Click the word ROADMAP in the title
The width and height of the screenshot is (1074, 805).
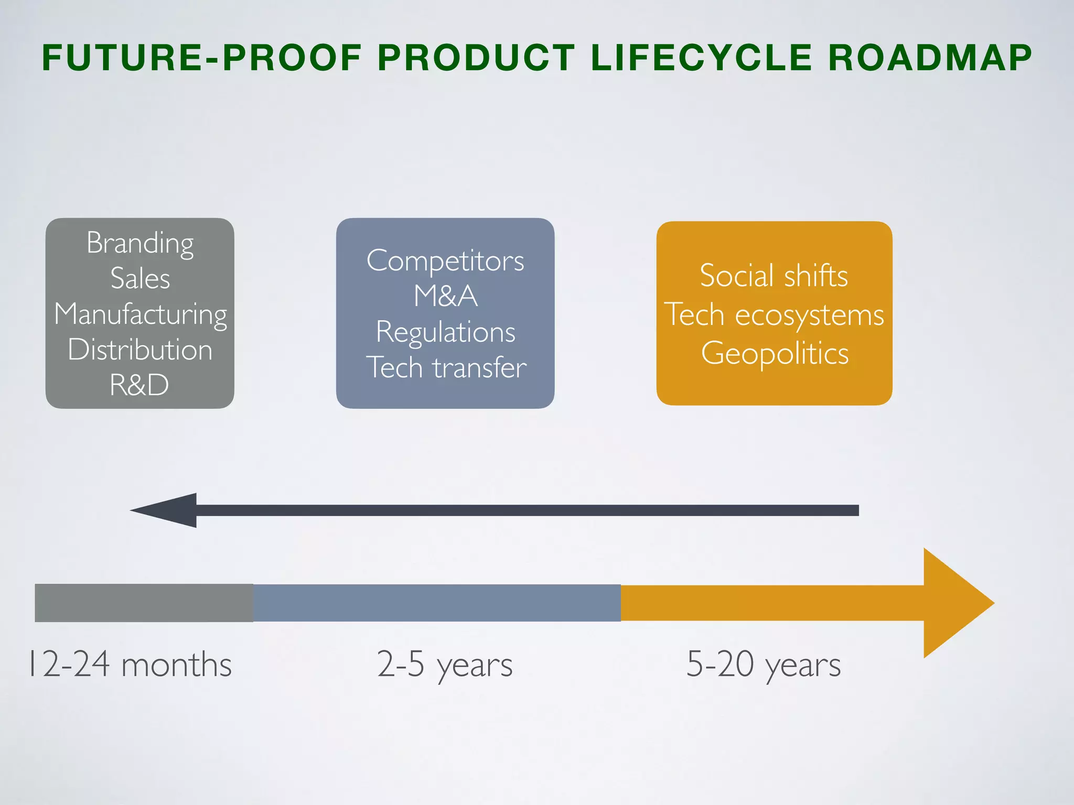pyautogui.click(x=930, y=58)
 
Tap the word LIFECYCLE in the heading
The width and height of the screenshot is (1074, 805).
pyautogui.click(x=702, y=58)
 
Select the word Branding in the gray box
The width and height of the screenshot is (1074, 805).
pyautogui.click(x=140, y=243)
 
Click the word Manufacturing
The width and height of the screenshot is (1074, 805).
pyautogui.click(x=141, y=314)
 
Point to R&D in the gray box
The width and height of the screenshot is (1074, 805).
pyautogui.click(x=139, y=385)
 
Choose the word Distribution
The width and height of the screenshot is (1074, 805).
pyautogui.click(x=140, y=350)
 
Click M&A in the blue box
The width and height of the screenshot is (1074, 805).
pyautogui.click(x=445, y=296)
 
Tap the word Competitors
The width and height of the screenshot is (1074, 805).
pyautogui.click(x=445, y=260)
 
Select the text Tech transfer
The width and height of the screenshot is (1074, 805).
pyautogui.click(x=446, y=367)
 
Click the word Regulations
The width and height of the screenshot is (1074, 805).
pyautogui.click(x=446, y=332)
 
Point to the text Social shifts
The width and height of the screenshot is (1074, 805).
pyautogui.click(x=774, y=276)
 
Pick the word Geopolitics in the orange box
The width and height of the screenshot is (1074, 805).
pyautogui.click(x=775, y=353)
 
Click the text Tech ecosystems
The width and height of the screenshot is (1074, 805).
pyautogui.click(x=774, y=314)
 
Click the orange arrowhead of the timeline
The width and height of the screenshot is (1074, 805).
pyautogui.click(x=954, y=603)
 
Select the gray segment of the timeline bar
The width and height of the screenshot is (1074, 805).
pyautogui.click(x=144, y=603)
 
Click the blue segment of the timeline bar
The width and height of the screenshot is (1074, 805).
pyautogui.click(x=436, y=603)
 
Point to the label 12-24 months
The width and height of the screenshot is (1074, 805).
pyautogui.click(x=130, y=665)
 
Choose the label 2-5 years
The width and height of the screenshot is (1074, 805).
pyautogui.click(x=445, y=665)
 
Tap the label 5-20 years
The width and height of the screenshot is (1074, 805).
pyautogui.click(x=764, y=665)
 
